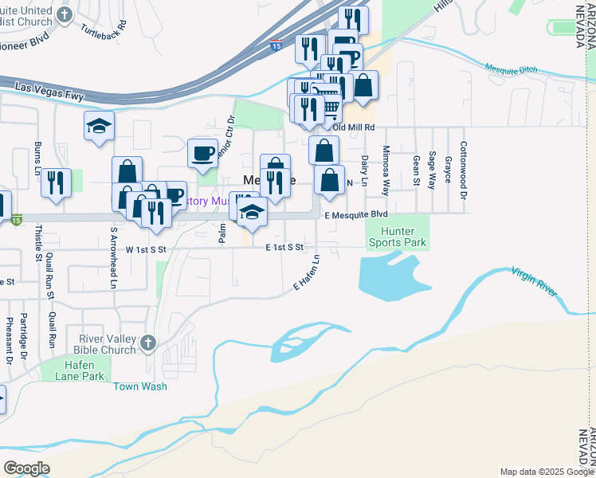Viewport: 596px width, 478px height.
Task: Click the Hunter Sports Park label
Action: pyautogui.click(x=397, y=237)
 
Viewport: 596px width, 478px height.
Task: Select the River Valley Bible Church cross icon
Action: pyautogui.click(x=147, y=343)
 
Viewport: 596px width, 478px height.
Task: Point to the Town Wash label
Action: pyautogui.click(x=140, y=386)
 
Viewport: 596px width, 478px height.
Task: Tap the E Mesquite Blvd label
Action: pyautogui.click(x=355, y=215)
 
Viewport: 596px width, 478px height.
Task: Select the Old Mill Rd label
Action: pyautogui.click(x=353, y=127)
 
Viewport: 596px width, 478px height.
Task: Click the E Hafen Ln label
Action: pyautogui.click(x=306, y=272)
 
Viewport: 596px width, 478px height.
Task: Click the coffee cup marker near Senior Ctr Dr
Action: pyautogui.click(x=203, y=151)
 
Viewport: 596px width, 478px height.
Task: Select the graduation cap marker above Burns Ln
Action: pyautogui.click(x=100, y=126)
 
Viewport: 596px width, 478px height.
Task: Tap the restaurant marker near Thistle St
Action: pyautogui.click(x=56, y=182)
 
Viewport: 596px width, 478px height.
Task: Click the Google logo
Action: pyautogui.click(x=27, y=468)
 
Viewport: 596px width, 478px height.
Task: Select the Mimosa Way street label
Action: pyautogui.click(x=386, y=170)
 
